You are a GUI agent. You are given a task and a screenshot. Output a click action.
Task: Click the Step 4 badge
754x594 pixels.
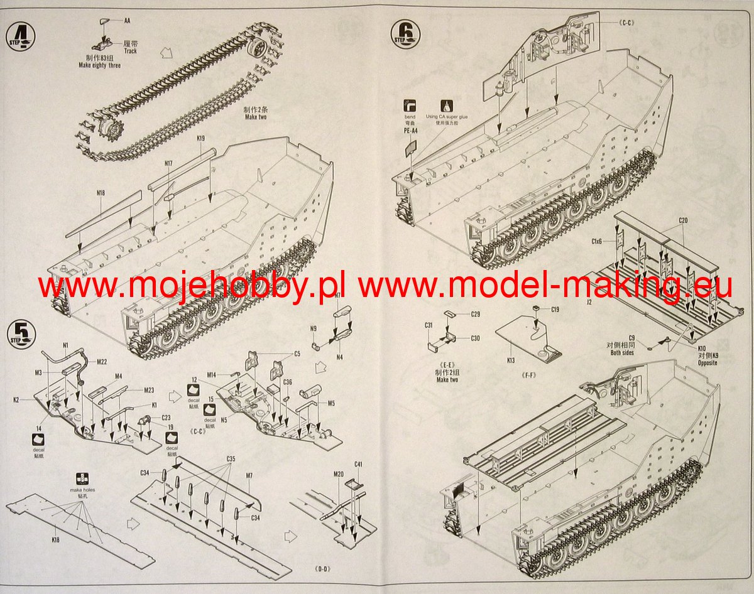21,37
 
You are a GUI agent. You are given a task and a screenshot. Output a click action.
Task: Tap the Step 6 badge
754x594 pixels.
405,32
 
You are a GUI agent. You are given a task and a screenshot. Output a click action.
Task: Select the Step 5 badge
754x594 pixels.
21,333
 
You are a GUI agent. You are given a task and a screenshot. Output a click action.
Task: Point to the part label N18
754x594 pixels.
101,193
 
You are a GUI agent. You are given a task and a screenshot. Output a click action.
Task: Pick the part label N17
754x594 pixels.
168,164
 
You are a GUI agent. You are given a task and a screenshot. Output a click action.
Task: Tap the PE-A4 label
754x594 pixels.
410,131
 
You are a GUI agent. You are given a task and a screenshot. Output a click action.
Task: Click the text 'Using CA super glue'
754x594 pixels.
445,117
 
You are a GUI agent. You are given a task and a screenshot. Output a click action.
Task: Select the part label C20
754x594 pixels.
683,220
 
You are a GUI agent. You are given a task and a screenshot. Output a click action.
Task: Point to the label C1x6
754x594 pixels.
596,241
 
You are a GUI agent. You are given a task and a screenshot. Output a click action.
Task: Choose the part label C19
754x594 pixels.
555,310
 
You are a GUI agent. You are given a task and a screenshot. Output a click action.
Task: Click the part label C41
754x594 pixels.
358,464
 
